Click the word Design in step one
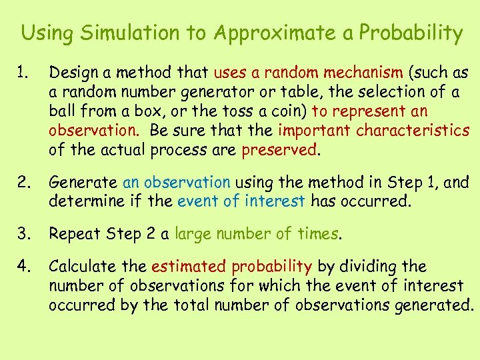[72, 73]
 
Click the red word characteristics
[413, 131]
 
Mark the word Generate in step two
[83, 181]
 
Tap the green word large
[193, 234]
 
